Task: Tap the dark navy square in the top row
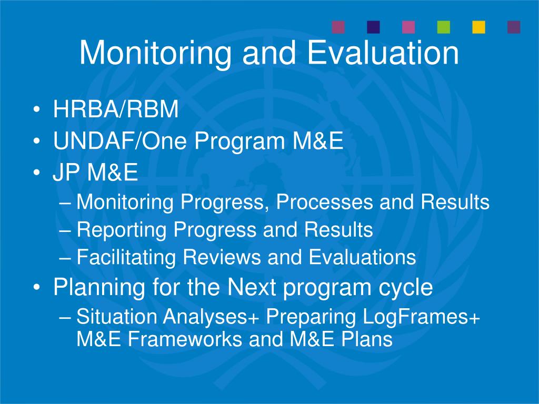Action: tap(373, 27)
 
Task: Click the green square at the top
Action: tap(444, 27)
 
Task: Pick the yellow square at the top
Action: tap(478, 27)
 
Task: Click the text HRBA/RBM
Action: tap(116, 110)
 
